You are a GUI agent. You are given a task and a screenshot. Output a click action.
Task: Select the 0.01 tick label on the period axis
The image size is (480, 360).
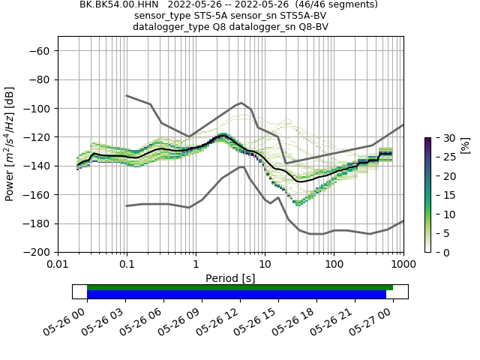click(58, 265)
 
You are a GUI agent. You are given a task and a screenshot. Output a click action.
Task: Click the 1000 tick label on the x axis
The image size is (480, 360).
click(403, 265)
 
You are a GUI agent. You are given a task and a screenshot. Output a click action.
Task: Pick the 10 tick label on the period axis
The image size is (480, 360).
click(265, 265)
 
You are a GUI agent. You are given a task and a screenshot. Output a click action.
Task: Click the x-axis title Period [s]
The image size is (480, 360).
click(230, 278)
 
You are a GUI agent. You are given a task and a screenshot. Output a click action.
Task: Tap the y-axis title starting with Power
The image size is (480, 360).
click(10, 151)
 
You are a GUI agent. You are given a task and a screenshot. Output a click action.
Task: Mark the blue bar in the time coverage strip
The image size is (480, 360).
click(236, 295)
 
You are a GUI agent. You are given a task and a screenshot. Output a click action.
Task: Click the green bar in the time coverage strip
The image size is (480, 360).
click(240, 287)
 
